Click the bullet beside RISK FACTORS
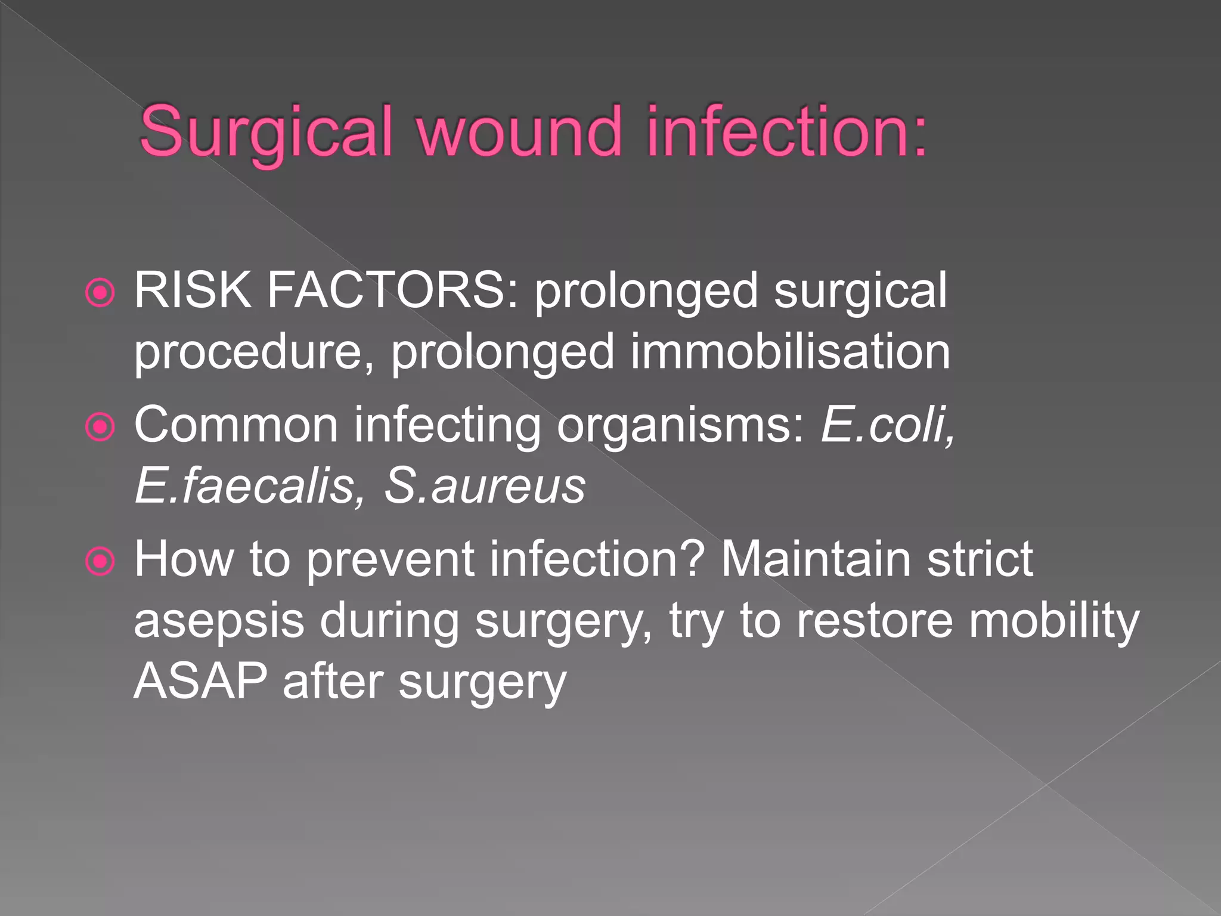click(100, 293)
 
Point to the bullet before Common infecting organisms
click(100, 427)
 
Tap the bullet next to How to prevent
click(100, 561)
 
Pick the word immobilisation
click(790, 352)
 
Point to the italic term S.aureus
click(484, 486)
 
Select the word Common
click(236, 425)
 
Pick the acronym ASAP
click(200, 682)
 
